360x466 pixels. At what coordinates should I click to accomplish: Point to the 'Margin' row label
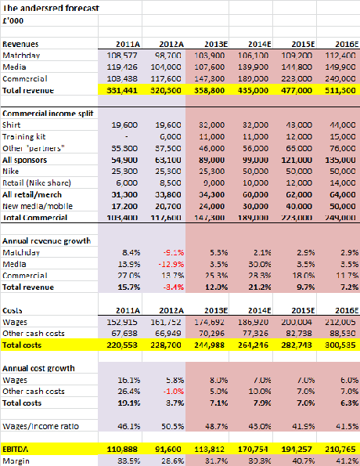click(16, 462)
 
